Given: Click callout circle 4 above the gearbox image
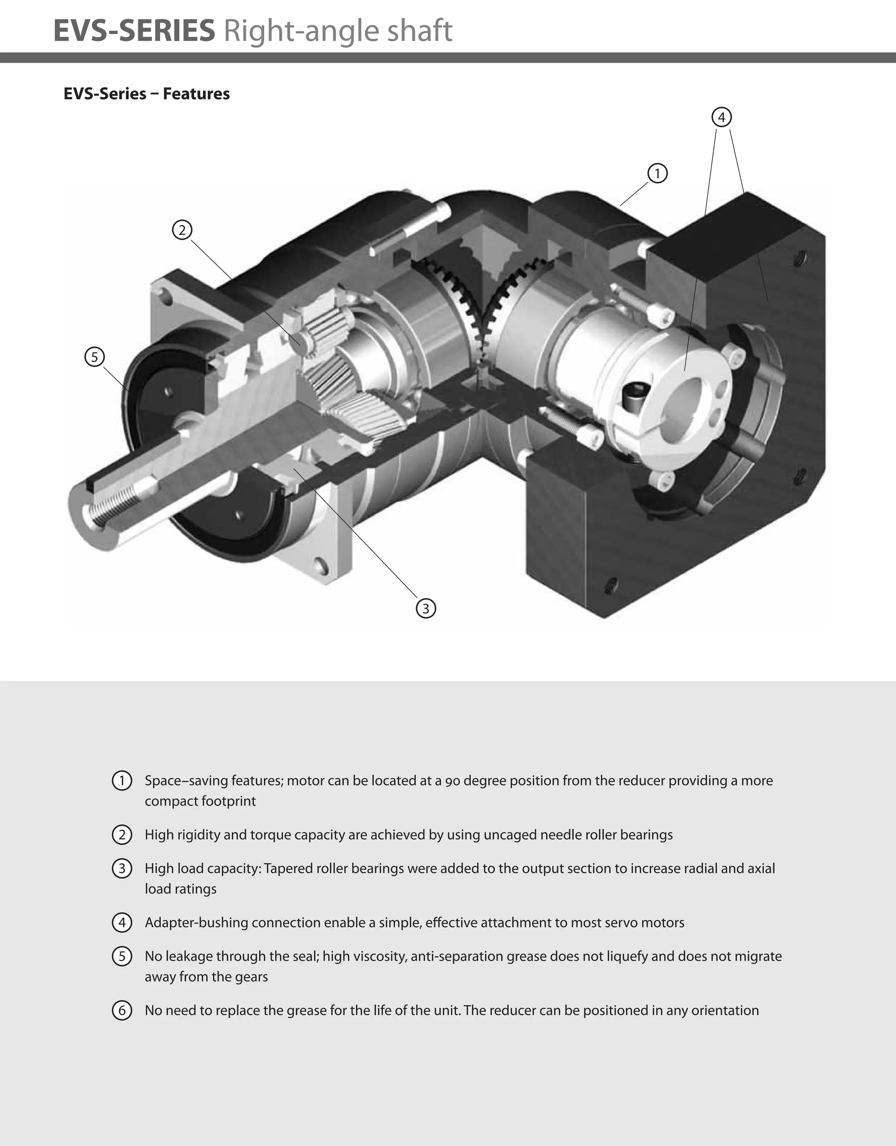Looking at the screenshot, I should [x=721, y=117].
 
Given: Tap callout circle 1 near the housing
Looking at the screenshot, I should [x=657, y=173].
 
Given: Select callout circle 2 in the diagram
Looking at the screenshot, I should [x=182, y=230].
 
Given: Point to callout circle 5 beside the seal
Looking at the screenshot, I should [x=94, y=357].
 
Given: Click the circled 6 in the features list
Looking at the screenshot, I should [x=122, y=1010].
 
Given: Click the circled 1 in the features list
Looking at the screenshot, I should [x=122, y=781].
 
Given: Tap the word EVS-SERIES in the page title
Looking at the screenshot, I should [x=134, y=31].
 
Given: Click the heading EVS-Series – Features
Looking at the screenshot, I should [x=147, y=94].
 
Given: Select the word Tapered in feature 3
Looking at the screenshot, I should [x=287, y=868].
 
